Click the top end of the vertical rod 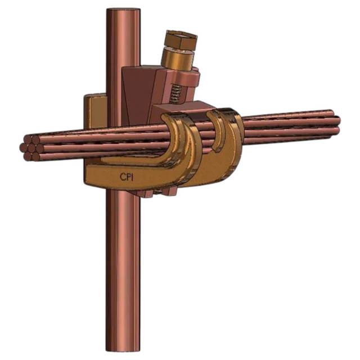pyautogui.click(x=123, y=12)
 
